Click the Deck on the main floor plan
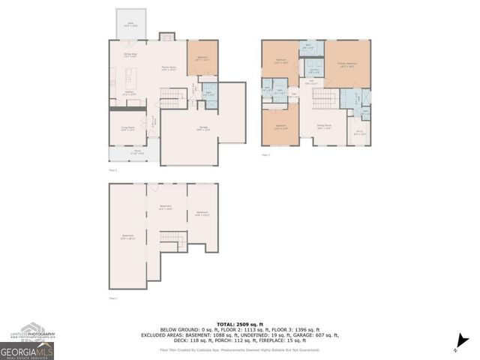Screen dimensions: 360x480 point(130,24)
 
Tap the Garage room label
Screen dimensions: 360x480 point(203,128)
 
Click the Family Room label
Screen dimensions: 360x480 point(170,68)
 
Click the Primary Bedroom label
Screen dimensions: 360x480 point(346,64)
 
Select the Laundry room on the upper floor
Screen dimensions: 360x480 point(314,70)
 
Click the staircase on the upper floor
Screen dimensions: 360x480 point(324,98)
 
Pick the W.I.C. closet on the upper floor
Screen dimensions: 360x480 point(360,133)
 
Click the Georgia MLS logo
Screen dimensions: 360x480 point(27,350)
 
